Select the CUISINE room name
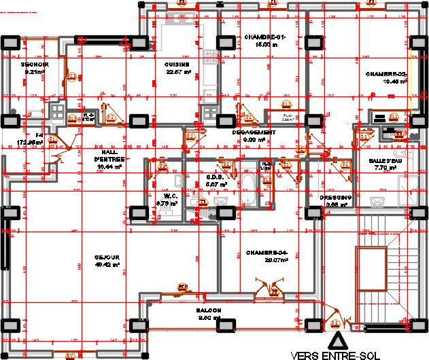(x=176, y=65)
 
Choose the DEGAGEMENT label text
(x=253, y=132)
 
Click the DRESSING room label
(x=335, y=198)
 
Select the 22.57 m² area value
(x=176, y=73)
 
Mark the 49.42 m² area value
(x=107, y=265)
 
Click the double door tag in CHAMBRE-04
(x=275, y=292)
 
